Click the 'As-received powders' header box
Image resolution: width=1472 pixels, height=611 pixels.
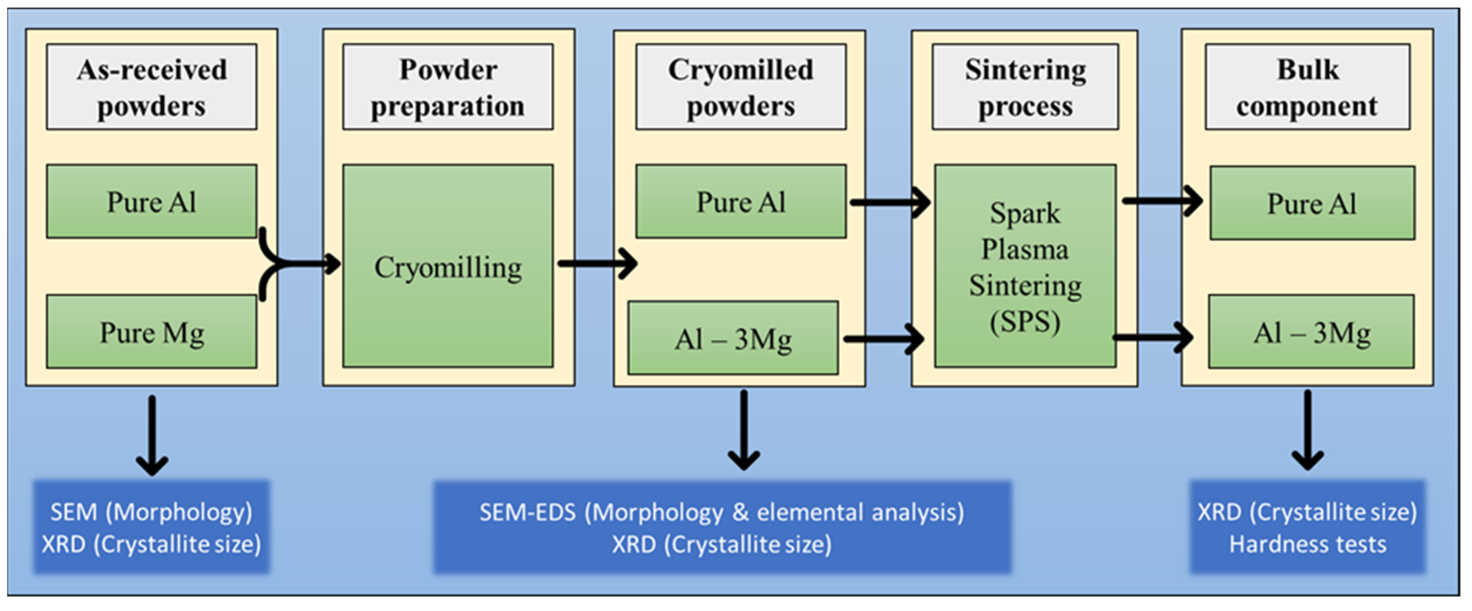click(x=151, y=87)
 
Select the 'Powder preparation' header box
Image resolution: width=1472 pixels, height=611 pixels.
click(x=448, y=87)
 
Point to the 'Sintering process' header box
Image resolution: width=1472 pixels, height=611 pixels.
click(x=1025, y=87)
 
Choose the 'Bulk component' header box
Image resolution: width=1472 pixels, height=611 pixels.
click(x=1307, y=87)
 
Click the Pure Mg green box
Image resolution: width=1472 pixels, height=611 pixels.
click(x=151, y=332)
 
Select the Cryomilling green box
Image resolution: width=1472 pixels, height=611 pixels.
click(x=448, y=266)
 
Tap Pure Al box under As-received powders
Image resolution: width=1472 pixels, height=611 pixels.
click(x=151, y=201)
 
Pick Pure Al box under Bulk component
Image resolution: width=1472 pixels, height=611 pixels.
click(x=1312, y=203)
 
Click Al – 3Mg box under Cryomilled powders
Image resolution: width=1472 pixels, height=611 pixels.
click(x=733, y=338)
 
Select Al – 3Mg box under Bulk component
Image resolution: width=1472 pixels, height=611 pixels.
click(x=1311, y=332)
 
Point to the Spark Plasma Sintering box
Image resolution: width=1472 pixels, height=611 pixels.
click(x=1025, y=266)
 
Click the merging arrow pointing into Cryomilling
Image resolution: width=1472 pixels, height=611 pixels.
click(x=303, y=263)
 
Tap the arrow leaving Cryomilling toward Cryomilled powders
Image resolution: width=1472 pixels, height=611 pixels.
click(x=597, y=263)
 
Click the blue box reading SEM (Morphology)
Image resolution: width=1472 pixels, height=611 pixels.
click(x=151, y=527)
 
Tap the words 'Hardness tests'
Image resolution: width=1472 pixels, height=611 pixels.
click(x=1307, y=544)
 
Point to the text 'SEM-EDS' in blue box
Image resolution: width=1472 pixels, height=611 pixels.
click(x=527, y=512)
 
